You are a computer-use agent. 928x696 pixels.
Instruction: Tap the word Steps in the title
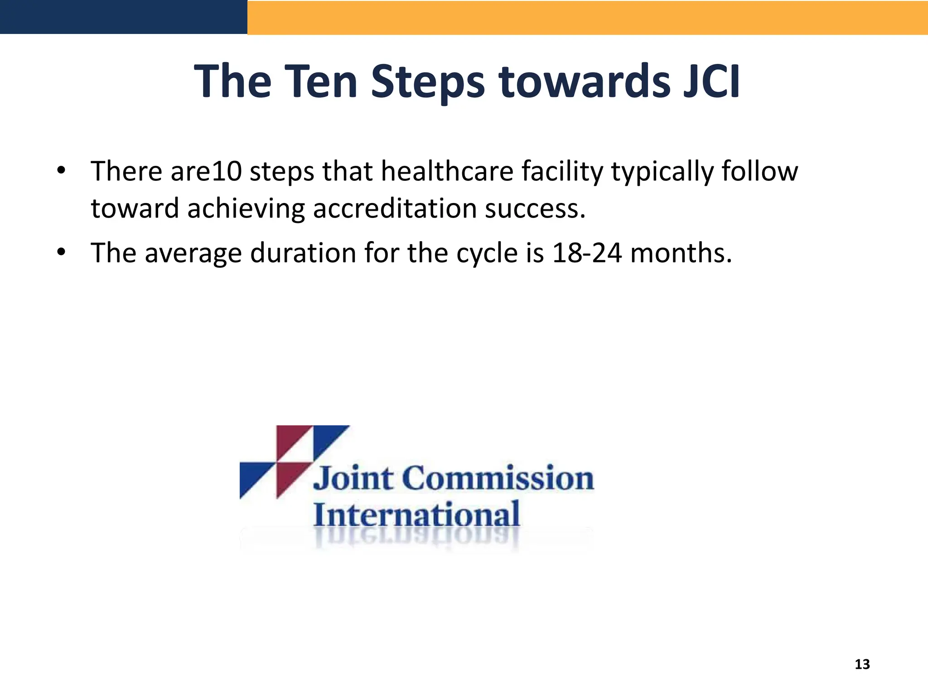[428, 82]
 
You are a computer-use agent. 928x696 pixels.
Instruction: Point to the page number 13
[862, 664]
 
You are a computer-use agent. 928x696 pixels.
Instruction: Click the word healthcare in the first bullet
[446, 171]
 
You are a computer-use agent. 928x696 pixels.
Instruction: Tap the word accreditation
[394, 208]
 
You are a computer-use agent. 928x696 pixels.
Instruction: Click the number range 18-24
[587, 253]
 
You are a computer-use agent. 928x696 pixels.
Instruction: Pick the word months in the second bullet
[681, 253]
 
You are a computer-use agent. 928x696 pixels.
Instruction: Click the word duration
[303, 253]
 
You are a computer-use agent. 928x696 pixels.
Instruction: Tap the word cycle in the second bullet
[487, 254]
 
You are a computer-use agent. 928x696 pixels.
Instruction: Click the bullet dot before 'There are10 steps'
[61, 171]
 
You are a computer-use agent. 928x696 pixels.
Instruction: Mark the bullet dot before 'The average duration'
[61, 252]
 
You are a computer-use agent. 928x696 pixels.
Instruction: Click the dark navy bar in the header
[123, 17]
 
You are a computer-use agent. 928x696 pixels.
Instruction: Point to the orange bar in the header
[587, 17]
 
